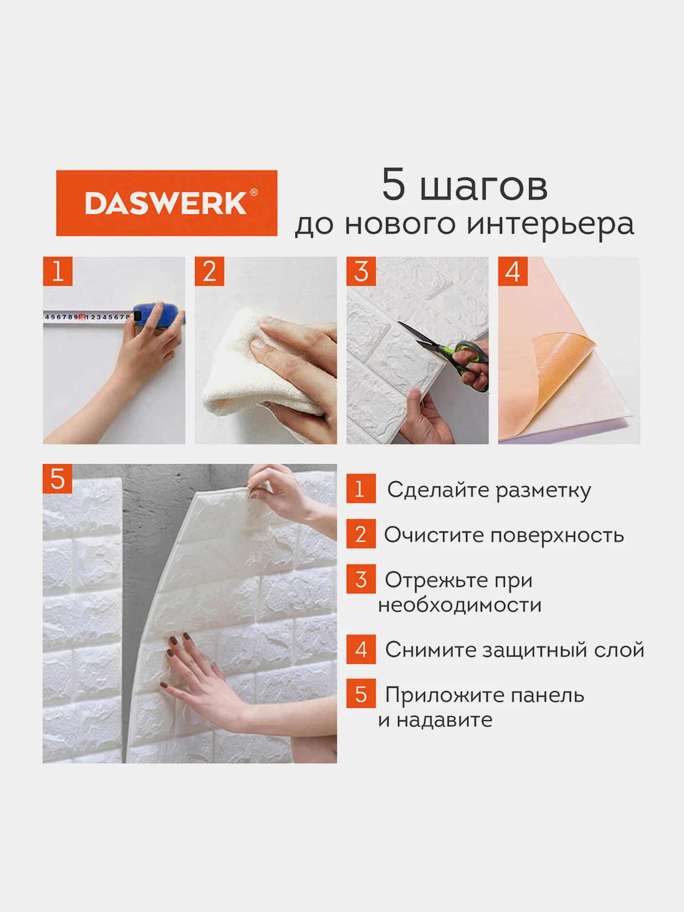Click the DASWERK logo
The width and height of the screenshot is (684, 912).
point(166,203)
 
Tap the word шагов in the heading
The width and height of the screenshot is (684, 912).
point(483,186)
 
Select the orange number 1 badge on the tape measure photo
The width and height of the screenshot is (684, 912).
point(58,271)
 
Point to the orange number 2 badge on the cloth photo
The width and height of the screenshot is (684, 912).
point(209,271)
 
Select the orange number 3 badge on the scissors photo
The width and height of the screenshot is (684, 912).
point(361,271)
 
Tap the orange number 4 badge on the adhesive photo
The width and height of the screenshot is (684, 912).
point(513,271)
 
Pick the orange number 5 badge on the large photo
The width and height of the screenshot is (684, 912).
point(57,479)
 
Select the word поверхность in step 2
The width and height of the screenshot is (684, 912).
point(557,535)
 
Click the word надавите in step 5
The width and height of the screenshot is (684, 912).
point(444,720)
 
